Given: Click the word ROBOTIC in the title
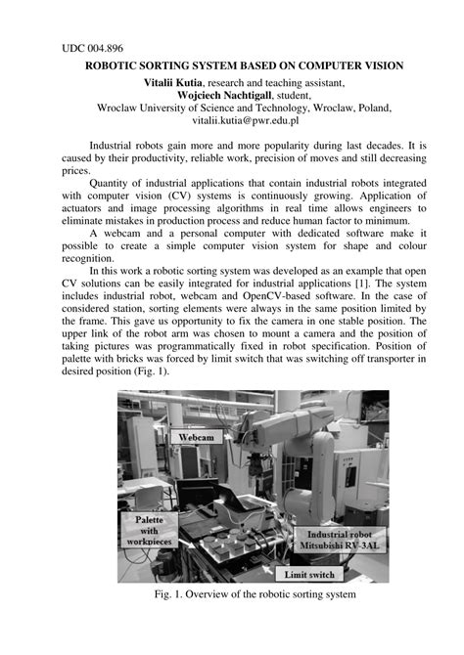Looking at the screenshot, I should [116, 66].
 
